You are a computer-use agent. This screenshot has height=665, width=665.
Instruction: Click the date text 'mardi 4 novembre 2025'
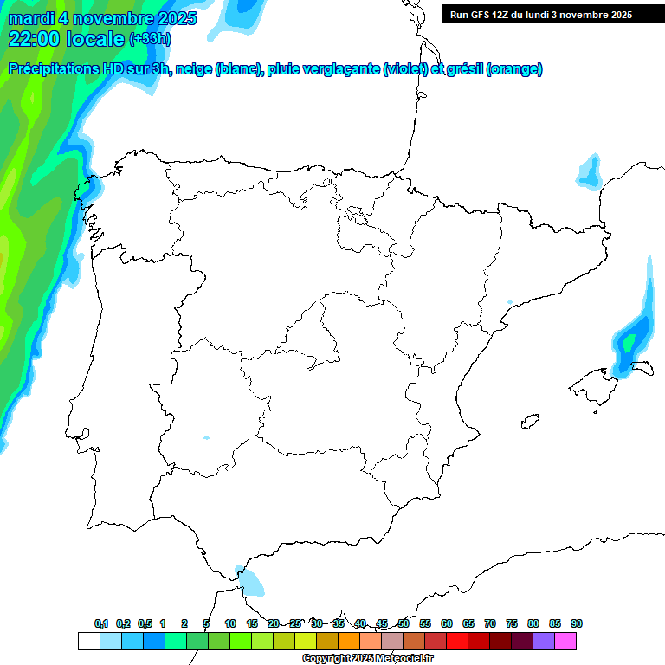pyautogui.click(x=102, y=18)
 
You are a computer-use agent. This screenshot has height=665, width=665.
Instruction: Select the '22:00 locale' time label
pyautogui.click(x=66, y=39)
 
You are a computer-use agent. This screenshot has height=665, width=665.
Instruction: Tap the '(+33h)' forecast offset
pyautogui.click(x=150, y=39)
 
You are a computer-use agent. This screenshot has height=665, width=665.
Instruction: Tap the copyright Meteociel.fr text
pyautogui.click(x=368, y=658)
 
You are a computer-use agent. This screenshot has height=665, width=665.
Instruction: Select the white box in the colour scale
pyautogui.click(x=88, y=641)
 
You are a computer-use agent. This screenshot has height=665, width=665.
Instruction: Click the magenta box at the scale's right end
pyautogui.click(x=565, y=641)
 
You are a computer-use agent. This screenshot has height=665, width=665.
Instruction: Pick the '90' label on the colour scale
pyautogui.click(x=577, y=623)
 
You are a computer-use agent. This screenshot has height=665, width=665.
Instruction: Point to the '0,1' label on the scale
pyautogui.click(x=101, y=623)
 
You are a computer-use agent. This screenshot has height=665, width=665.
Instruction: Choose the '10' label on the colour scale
pyautogui.click(x=230, y=623)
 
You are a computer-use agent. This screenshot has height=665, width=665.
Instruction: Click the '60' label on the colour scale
pyautogui.click(x=447, y=623)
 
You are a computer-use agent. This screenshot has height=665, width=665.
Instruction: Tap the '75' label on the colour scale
pyautogui.click(x=512, y=623)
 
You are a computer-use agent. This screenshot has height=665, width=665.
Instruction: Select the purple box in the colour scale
pyautogui.click(x=544, y=641)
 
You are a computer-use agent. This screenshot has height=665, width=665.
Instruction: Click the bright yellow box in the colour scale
pyautogui.click(x=305, y=641)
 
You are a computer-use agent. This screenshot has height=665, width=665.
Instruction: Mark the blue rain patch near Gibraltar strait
pyautogui.click(x=252, y=581)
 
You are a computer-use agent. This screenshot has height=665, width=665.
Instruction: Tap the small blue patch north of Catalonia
pyautogui.click(x=590, y=171)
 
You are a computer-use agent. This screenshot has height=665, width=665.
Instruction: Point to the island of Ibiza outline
pyautogui.click(x=529, y=422)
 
